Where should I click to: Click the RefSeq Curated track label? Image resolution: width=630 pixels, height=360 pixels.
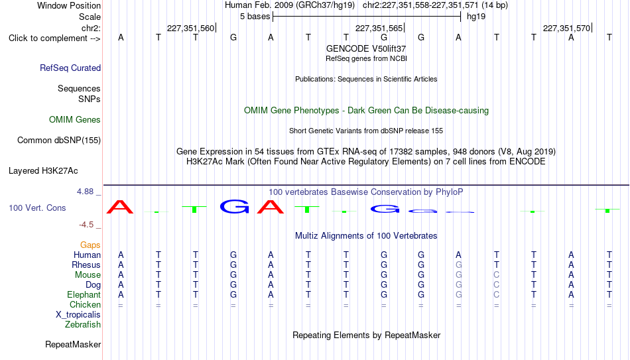tap(70, 68)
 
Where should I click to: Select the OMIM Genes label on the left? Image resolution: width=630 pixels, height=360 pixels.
tap(75, 120)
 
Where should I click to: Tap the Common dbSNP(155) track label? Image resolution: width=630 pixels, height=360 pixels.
tap(59, 141)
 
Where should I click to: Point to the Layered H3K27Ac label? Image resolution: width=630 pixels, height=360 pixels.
tap(43, 171)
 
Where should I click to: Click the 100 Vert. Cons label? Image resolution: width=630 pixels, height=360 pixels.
tap(37, 208)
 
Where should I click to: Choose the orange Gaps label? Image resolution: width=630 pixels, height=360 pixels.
tap(90, 245)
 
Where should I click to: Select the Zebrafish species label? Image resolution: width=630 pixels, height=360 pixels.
tap(83, 324)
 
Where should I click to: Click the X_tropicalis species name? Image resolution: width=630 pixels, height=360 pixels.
tap(78, 315)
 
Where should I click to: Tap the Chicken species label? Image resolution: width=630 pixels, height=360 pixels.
tap(85, 304)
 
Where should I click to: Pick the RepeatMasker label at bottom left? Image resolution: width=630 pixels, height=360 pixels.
tap(73, 344)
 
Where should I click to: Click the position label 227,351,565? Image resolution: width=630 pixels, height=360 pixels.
tap(379, 28)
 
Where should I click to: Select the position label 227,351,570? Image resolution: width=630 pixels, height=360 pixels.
tap(566, 28)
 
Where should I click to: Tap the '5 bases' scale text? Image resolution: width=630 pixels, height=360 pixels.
tap(255, 17)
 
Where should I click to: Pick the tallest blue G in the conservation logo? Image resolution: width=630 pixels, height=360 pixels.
tap(234, 206)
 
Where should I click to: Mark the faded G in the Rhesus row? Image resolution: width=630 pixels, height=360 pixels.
tap(458, 265)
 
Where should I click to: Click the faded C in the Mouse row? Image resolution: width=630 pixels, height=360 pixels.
tap(497, 275)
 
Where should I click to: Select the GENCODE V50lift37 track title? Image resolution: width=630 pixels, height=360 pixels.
tap(366, 48)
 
